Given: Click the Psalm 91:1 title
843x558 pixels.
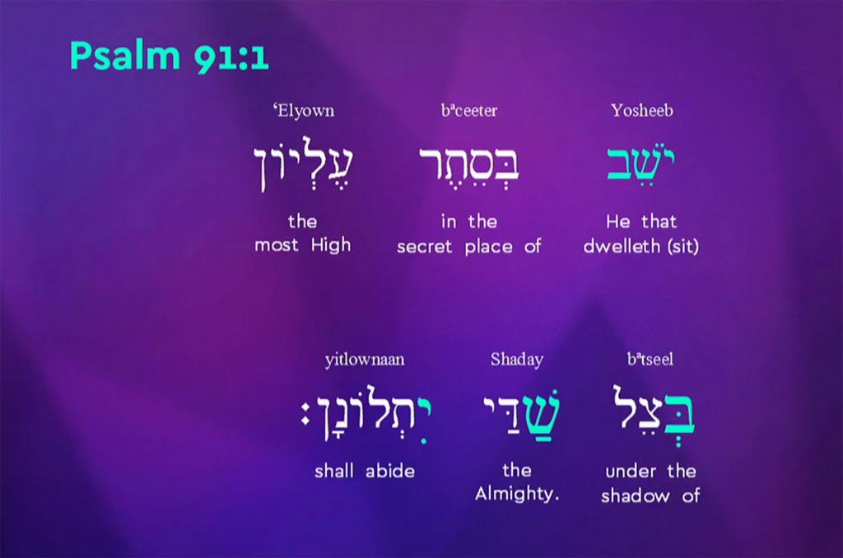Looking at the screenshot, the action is click(x=170, y=56).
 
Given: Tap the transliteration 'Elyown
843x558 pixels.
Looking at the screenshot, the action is click(x=304, y=111).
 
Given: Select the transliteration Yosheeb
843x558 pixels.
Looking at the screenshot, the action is click(x=641, y=110).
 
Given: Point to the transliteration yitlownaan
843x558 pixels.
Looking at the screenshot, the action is click(x=365, y=360).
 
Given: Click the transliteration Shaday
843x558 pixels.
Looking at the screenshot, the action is click(x=517, y=359).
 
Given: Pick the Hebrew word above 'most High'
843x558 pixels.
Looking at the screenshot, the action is click(x=303, y=164).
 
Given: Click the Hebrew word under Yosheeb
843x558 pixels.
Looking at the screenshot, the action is click(x=640, y=164).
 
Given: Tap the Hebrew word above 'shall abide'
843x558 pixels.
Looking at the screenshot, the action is click(x=366, y=414).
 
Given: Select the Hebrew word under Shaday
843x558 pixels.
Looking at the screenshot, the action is click(x=521, y=415).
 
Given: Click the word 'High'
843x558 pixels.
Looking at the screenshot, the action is click(x=331, y=246).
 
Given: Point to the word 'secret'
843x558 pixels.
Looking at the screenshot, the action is click(x=424, y=247).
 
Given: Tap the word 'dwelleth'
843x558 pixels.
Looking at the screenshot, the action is click(x=622, y=246).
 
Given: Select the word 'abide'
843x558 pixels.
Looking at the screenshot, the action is click(x=390, y=472).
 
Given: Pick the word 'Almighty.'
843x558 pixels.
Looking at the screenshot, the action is click(x=517, y=494).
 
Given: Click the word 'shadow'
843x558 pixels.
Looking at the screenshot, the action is click(x=635, y=495).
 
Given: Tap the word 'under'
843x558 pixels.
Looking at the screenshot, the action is click(x=631, y=472).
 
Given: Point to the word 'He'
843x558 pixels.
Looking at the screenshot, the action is click(x=617, y=221).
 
